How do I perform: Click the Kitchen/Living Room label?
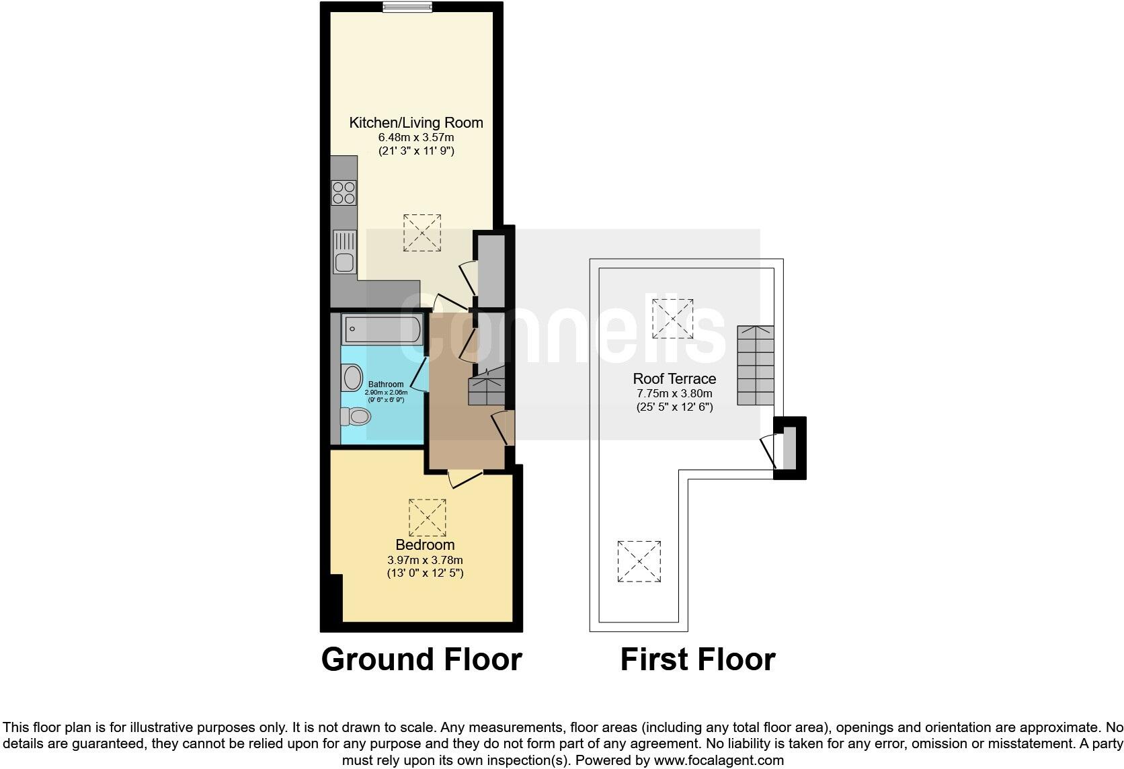point(416,122)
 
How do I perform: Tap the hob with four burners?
point(344,193)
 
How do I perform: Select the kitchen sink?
point(344,252)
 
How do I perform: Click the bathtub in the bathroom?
point(382,329)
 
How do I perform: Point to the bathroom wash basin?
point(351,378)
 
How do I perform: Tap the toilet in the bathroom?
point(356,417)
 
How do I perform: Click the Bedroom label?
point(425,544)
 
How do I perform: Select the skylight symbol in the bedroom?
point(427,518)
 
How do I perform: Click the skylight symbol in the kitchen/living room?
point(422,233)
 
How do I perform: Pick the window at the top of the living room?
point(407,7)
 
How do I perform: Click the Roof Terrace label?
point(674,378)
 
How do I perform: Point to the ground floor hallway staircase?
point(487,389)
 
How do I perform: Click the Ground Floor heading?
point(421,659)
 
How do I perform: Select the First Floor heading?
point(697,659)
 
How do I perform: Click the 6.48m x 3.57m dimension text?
point(416,137)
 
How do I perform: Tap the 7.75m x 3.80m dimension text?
point(674,393)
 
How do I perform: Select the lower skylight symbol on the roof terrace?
point(639,561)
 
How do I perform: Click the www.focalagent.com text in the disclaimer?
point(719,760)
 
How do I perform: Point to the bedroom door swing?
point(464,479)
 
